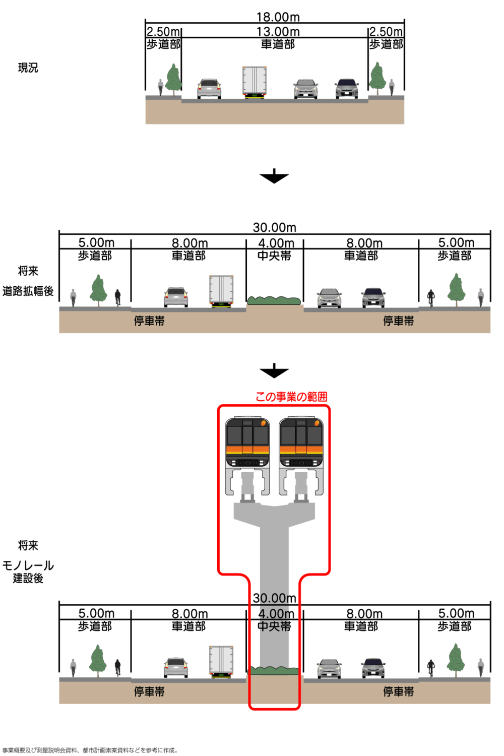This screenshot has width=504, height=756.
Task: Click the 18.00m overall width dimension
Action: (278, 17)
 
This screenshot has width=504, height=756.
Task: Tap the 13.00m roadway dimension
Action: (278, 32)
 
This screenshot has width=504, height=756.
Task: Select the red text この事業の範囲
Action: (291, 397)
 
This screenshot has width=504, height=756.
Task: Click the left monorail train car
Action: (247, 442)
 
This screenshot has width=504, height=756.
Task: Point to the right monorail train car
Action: (301, 442)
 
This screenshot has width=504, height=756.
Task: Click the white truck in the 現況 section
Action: (255, 82)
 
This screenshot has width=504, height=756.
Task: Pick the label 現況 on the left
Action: (28, 68)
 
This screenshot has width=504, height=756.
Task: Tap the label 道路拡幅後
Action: (28, 291)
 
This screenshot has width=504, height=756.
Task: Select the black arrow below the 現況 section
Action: (274, 176)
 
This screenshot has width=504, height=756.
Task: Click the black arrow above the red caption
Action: (274, 371)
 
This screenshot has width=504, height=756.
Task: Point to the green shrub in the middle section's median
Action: (274, 301)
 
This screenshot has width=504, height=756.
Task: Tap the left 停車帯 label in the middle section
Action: (149, 321)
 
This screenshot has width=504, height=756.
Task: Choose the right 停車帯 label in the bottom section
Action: (398, 691)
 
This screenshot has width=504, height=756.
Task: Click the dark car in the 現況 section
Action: (347, 89)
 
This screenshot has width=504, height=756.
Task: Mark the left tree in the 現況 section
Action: (174, 78)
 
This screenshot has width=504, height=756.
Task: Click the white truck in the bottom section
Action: (221, 661)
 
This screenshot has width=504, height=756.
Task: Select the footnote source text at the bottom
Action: (90, 750)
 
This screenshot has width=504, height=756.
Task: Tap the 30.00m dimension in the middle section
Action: (275, 228)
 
